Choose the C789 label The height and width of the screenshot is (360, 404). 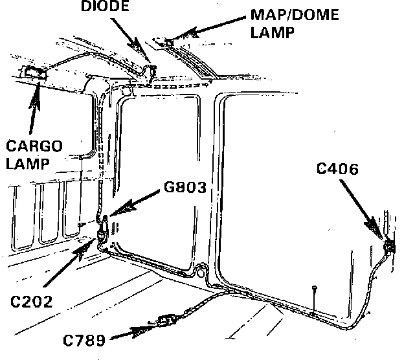(x=85, y=339)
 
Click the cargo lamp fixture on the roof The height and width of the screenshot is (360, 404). (x=34, y=74)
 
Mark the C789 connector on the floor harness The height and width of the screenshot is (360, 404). (x=168, y=321)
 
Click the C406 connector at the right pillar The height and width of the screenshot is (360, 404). (x=388, y=246)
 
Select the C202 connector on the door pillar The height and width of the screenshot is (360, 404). (x=102, y=234)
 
